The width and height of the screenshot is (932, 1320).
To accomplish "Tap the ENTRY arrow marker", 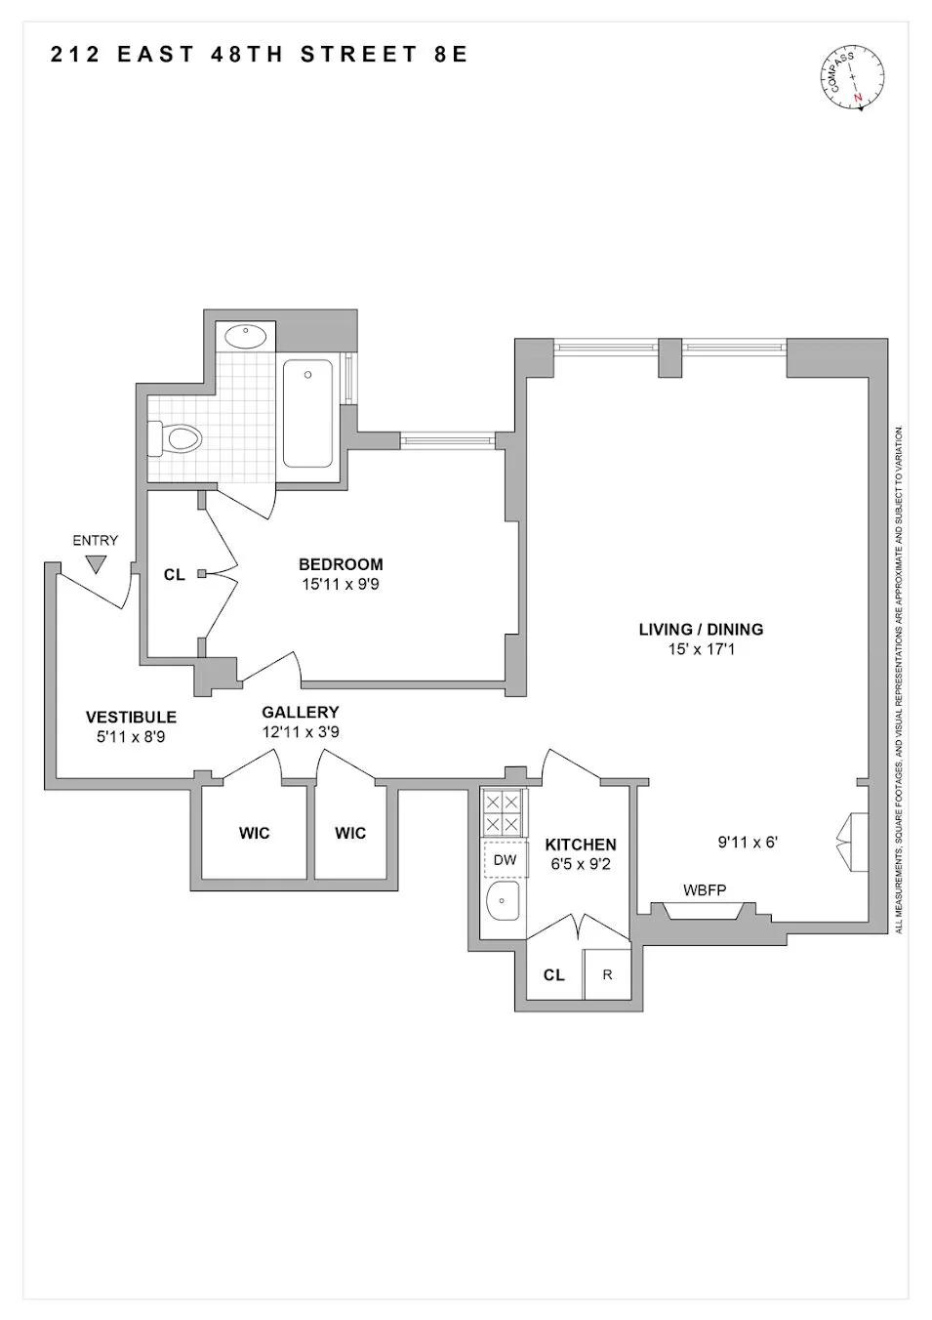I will click(96, 563).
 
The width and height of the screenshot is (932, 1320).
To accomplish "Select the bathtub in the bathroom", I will click(307, 413).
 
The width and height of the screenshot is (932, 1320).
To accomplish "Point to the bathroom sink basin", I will click(246, 337).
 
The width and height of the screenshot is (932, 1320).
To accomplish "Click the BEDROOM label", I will click(341, 564).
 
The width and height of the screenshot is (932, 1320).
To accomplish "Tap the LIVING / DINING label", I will click(701, 630).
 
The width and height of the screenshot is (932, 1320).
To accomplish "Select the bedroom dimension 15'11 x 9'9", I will click(341, 585).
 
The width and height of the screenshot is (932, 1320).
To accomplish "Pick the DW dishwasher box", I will click(505, 860).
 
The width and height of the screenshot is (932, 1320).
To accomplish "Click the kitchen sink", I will click(504, 906).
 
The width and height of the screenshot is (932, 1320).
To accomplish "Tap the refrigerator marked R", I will click(607, 974).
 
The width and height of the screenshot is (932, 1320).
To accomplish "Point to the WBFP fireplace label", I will click(705, 889).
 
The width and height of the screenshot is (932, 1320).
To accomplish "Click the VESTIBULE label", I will click(131, 717).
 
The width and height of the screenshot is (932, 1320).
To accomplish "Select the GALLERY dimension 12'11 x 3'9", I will click(301, 732).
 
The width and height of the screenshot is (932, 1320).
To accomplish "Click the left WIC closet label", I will click(255, 833).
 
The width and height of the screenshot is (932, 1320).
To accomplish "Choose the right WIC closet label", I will click(350, 833).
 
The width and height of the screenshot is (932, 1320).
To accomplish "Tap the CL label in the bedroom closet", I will click(174, 575).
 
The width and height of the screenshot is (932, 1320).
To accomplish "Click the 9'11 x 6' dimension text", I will click(748, 842).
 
